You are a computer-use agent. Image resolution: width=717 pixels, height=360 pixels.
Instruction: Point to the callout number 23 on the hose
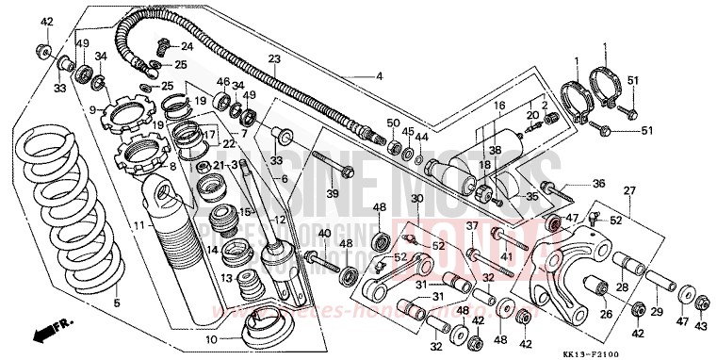click(x=274, y=59)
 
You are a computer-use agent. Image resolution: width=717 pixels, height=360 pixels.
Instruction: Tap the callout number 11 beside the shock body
click(x=139, y=226)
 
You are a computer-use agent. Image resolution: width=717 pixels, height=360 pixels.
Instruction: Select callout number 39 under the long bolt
click(x=331, y=193)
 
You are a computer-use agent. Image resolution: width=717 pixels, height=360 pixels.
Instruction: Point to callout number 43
click(x=700, y=325)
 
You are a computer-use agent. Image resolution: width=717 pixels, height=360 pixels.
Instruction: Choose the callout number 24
click(x=187, y=45)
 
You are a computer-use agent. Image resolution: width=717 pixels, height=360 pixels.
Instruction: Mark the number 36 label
click(x=599, y=184)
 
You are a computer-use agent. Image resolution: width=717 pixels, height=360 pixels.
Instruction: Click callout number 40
click(x=323, y=233)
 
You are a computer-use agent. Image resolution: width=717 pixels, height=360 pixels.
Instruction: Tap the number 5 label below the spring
click(x=118, y=303)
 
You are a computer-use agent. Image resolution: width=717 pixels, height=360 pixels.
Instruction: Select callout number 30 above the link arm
click(x=416, y=198)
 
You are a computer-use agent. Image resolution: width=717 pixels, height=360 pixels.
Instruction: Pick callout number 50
click(x=394, y=123)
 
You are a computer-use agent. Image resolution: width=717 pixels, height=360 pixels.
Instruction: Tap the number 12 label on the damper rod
click(x=276, y=221)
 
